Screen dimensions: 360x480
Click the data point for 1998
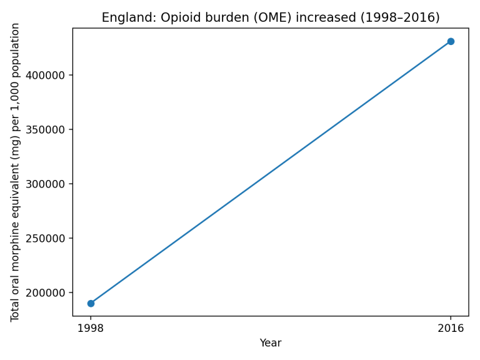(x=91, y=303)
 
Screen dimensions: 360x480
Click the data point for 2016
(x=451, y=41)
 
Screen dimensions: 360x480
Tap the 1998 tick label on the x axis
(x=91, y=328)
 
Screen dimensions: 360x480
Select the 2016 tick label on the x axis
(x=451, y=328)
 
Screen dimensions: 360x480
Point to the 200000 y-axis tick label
(x=48, y=292)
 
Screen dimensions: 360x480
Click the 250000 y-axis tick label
(x=48, y=238)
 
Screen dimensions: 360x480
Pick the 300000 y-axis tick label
(x=48, y=184)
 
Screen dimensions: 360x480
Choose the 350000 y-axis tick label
(x=48, y=129)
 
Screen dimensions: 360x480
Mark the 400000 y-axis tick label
(x=48, y=75)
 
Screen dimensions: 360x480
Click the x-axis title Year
(x=271, y=343)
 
